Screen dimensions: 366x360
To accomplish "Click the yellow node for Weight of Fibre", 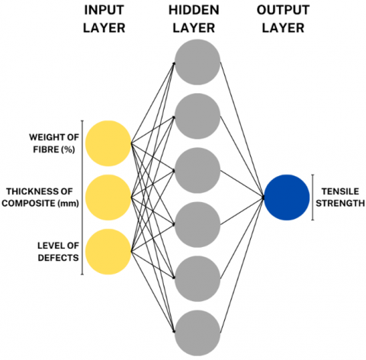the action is click(x=108, y=143).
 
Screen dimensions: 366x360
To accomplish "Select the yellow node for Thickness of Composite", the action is click(x=108, y=198).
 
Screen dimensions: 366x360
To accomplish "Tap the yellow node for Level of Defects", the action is click(x=108, y=252).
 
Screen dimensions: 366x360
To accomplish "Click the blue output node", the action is click(x=287, y=198).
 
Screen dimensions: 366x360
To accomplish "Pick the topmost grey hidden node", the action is click(x=197, y=62).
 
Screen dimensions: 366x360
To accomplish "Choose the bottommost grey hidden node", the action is click(x=197, y=333).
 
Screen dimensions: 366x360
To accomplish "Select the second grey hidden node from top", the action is click(x=197, y=116).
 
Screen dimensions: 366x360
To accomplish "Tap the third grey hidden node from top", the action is click(x=197, y=170).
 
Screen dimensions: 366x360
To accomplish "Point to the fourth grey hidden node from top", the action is click(x=197, y=224).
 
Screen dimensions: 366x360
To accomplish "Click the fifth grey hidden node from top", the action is click(x=197, y=278).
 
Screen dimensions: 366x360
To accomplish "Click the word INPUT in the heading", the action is click(x=104, y=10).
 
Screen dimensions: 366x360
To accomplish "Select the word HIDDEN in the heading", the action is click(x=194, y=10).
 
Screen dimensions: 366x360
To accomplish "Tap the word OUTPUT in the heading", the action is click(x=283, y=10).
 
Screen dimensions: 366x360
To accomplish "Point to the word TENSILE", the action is click(x=340, y=191).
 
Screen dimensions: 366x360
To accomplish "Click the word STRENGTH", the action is click(x=340, y=204).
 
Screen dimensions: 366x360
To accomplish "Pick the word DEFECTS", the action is click(x=58, y=258).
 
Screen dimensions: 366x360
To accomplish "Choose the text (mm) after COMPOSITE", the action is click(x=69, y=204).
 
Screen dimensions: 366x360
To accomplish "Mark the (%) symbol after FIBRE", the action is click(x=68, y=149).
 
